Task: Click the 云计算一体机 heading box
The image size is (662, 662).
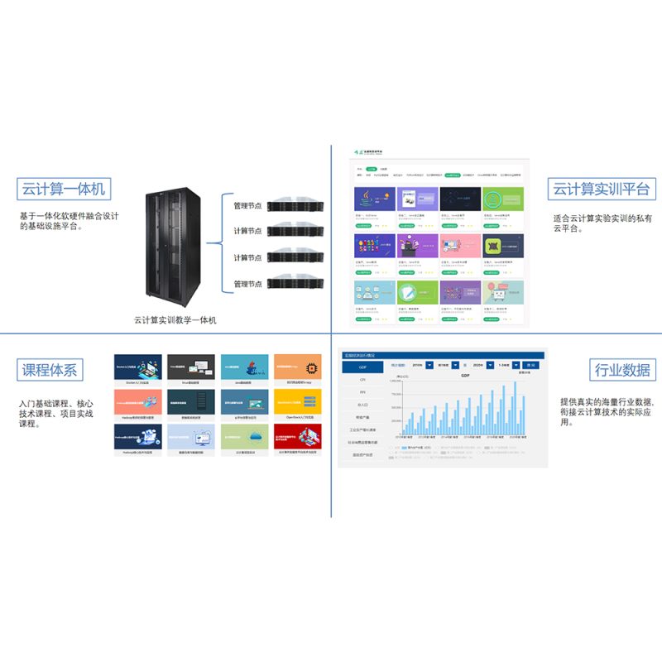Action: click(64, 189)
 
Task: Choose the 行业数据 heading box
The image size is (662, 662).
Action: click(621, 370)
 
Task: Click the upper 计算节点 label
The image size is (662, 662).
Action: click(247, 232)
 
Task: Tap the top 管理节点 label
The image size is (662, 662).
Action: click(247, 205)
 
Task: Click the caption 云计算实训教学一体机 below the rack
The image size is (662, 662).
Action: click(175, 319)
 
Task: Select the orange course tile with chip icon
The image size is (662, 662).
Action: click(297, 367)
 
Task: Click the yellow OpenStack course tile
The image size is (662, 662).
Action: click(297, 403)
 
